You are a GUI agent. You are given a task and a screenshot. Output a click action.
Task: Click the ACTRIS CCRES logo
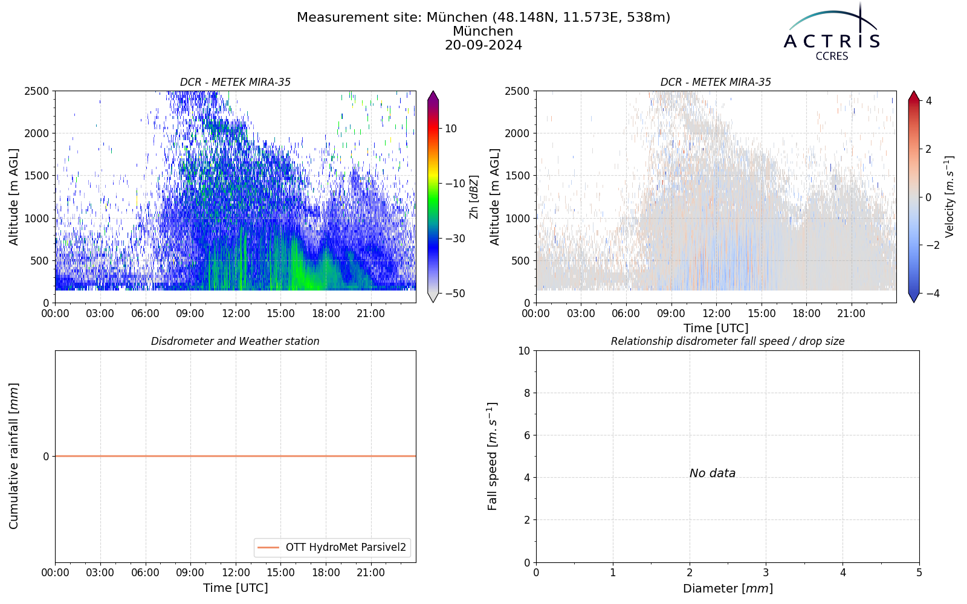[x=832, y=33]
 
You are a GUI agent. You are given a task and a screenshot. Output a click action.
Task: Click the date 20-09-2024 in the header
[x=483, y=45]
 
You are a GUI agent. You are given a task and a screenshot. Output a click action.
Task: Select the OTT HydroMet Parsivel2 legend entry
[x=332, y=547]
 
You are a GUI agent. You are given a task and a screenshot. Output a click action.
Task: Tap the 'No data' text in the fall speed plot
[x=713, y=474]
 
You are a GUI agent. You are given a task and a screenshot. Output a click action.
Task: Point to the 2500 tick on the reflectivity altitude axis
[x=37, y=91]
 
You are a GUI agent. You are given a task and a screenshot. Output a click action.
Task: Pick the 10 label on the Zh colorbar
[x=451, y=129]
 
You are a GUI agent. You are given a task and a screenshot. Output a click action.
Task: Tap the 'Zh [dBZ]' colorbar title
[x=474, y=197]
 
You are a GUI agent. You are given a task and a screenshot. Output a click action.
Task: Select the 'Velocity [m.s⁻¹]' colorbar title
[x=949, y=197]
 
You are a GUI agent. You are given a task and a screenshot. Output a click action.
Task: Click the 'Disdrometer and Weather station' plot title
[x=235, y=341]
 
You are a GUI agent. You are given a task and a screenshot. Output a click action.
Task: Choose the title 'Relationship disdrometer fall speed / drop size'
[x=728, y=341]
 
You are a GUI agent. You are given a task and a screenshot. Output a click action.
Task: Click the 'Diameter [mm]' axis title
[x=728, y=588]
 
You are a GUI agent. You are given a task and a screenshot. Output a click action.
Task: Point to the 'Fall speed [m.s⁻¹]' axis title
[x=492, y=457]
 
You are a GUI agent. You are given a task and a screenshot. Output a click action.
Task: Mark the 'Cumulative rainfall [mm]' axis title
[x=13, y=456]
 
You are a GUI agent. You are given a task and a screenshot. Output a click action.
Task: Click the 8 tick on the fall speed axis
[x=526, y=393]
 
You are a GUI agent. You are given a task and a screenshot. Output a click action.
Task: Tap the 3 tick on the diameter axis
[x=766, y=573]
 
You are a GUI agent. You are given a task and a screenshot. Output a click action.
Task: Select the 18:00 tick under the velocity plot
[x=806, y=313]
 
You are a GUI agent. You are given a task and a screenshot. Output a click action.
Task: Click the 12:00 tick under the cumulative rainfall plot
[x=236, y=573]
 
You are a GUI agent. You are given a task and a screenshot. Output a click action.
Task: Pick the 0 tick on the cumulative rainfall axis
[x=46, y=457]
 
